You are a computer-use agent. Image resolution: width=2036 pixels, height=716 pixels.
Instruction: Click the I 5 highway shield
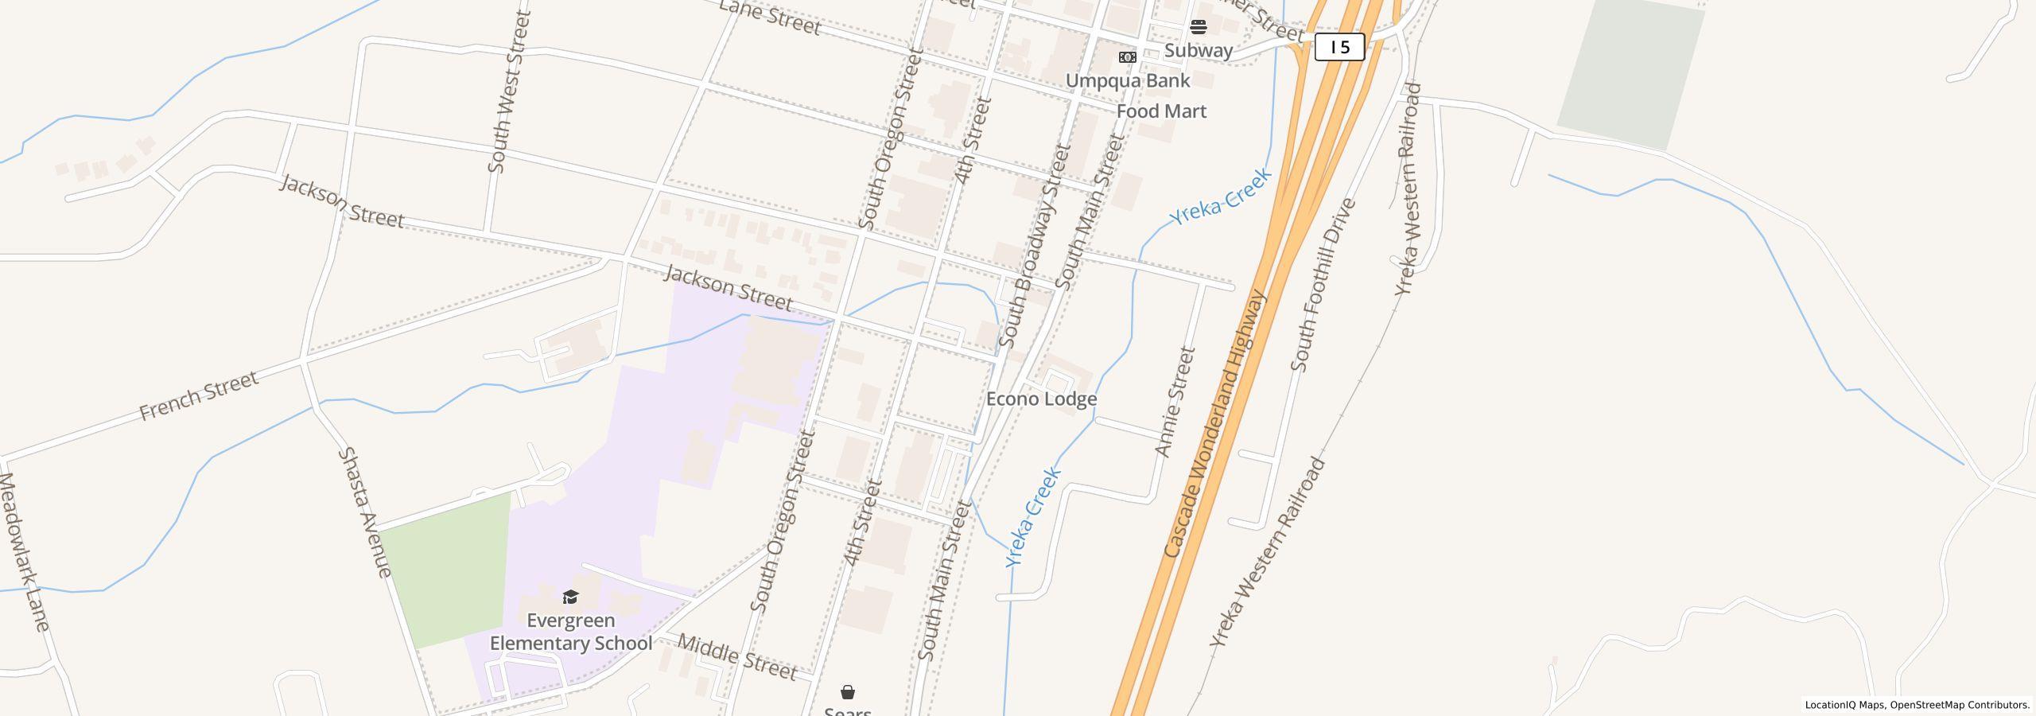tap(1339, 47)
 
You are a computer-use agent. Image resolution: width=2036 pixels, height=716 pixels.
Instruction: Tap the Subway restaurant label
tap(1198, 51)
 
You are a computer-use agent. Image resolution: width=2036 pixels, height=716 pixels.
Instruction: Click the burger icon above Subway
tap(1199, 27)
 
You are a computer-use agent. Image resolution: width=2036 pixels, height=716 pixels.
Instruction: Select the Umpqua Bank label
tap(1127, 81)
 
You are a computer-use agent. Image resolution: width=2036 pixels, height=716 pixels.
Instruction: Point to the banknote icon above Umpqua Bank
tap(1127, 57)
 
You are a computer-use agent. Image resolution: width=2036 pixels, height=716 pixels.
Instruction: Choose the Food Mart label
tap(1161, 111)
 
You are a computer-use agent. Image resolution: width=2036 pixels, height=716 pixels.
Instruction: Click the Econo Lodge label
tap(1041, 399)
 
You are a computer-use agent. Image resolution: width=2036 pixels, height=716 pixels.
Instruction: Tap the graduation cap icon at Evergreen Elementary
tap(570, 597)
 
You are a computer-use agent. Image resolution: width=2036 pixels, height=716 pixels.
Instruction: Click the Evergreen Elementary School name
tap(570, 632)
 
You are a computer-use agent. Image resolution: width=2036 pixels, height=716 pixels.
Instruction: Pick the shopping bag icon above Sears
tap(848, 692)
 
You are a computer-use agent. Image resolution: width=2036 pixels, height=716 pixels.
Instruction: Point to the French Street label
tap(199, 395)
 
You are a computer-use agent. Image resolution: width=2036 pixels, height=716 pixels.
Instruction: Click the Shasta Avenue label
tap(365, 512)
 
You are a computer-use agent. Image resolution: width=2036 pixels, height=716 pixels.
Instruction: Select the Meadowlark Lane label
tap(24, 552)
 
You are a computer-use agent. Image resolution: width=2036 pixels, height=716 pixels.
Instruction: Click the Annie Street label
tap(1175, 402)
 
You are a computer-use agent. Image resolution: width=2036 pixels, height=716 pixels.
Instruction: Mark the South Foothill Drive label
tap(1323, 285)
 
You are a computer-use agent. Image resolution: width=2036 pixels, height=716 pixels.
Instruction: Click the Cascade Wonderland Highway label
tap(1213, 424)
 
